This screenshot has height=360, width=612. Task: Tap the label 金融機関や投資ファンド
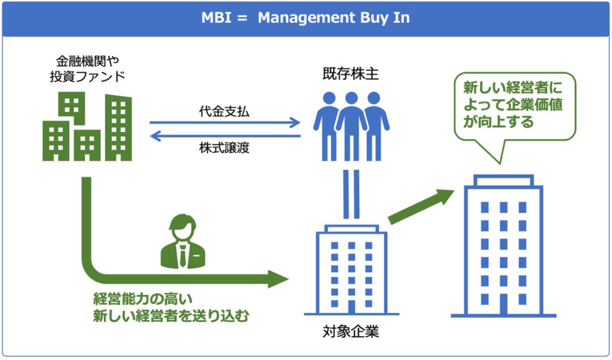coord(87,69)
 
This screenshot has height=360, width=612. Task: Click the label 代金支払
coord(224,111)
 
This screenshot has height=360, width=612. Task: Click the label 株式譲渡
coord(224,148)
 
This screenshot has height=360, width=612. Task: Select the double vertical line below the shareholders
coord(351,194)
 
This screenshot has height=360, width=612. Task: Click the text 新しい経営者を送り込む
coord(170,316)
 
